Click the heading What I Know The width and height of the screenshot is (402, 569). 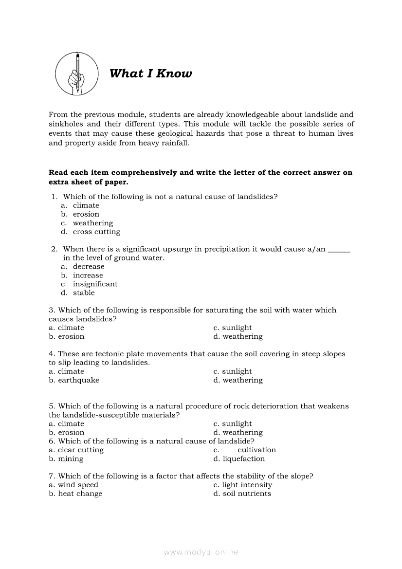tap(150, 73)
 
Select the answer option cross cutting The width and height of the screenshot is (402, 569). tap(96, 232)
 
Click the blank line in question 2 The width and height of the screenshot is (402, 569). tap(339, 249)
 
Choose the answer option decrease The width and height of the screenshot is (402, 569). tap(89, 266)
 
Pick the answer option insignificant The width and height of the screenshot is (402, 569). tap(95, 284)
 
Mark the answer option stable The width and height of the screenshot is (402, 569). tap(84, 293)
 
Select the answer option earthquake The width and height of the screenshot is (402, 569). tap(78, 380)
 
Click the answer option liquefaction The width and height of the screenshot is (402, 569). tap(243, 459)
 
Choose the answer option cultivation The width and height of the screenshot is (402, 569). tap(256, 450)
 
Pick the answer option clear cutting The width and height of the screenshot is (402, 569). tap(80, 450)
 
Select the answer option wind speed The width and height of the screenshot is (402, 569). tap(78, 485)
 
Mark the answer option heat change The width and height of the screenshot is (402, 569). tap(80, 494)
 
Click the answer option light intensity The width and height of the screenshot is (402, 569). tap(247, 485)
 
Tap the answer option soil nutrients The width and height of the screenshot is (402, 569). tap(247, 494)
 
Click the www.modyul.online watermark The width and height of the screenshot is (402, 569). tap(201, 552)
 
